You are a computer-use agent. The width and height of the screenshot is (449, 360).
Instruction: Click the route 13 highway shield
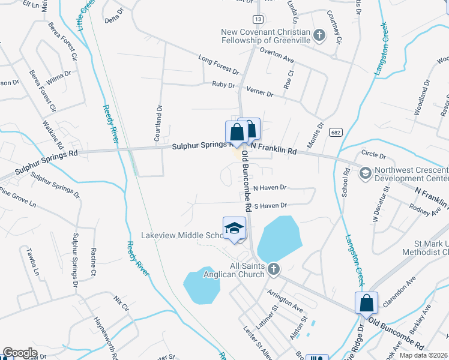coord(257,19)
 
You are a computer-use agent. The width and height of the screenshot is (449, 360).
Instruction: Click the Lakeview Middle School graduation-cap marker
coord(234,228)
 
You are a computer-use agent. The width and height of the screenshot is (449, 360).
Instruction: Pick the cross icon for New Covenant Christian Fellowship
coord(319,35)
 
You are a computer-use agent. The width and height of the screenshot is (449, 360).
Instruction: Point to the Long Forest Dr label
coord(218,63)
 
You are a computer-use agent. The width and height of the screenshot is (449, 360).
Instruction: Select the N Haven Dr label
coord(271,188)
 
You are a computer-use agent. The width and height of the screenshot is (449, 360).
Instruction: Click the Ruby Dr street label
coord(223,85)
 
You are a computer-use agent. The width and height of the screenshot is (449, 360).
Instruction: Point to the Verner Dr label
coord(261,94)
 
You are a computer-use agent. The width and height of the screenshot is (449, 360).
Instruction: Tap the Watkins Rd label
coord(52,134)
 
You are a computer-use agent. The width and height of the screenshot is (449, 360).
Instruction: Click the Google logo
coord(20,353)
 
